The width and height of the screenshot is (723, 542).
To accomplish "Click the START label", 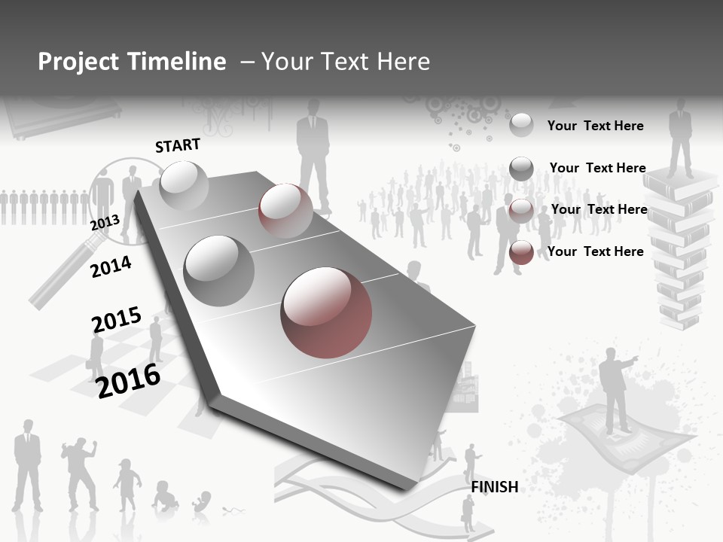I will click(178, 145).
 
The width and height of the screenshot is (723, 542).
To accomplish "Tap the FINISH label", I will click(495, 487).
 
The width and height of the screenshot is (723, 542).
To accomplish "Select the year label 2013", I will click(105, 224).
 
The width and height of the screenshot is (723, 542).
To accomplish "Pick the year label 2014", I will click(111, 266).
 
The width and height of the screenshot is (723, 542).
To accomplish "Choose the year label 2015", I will click(117, 319).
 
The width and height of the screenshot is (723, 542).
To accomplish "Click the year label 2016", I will click(129, 380).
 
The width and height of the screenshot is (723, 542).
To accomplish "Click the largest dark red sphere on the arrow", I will click(326, 312).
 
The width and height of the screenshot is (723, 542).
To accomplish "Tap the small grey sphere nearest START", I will click(184, 185).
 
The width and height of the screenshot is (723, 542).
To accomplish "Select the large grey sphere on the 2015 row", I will click(219, 270).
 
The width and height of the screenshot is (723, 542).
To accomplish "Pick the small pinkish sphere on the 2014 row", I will click(285, 210).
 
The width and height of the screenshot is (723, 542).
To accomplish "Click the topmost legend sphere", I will click(521, 125).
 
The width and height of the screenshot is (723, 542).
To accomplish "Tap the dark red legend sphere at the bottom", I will click(521, 252).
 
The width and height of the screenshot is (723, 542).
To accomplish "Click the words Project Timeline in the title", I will click(132, 62).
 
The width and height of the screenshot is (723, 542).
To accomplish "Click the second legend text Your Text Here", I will click(597, 168).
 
